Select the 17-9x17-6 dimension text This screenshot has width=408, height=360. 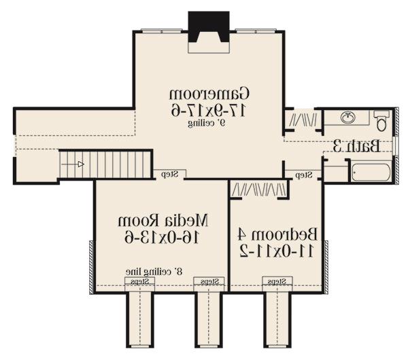tap(208, 111)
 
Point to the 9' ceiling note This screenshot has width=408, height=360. tap(207, 124)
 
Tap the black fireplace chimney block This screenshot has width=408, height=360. tap(209, 26)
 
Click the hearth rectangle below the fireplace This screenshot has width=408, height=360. tap(209, 48)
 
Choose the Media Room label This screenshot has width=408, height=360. tap(163, 221)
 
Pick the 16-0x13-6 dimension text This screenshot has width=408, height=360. tap(162, 237)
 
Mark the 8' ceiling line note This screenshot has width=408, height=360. tap(154, 272)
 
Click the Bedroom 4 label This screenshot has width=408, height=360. tap(277, 234)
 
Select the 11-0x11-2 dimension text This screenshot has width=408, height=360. tap(277, 251)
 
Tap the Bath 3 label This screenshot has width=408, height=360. tap(357, 146)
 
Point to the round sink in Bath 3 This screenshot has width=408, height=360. tap(348, 118)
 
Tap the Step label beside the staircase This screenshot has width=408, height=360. tap(169, 174)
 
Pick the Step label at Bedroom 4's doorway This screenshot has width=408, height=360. tap(304, 175)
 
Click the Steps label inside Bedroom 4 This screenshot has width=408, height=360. tap(277, 281)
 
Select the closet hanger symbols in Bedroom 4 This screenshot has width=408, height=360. tap(260, 189)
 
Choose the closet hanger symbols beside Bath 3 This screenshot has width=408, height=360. tap(303, 120)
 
